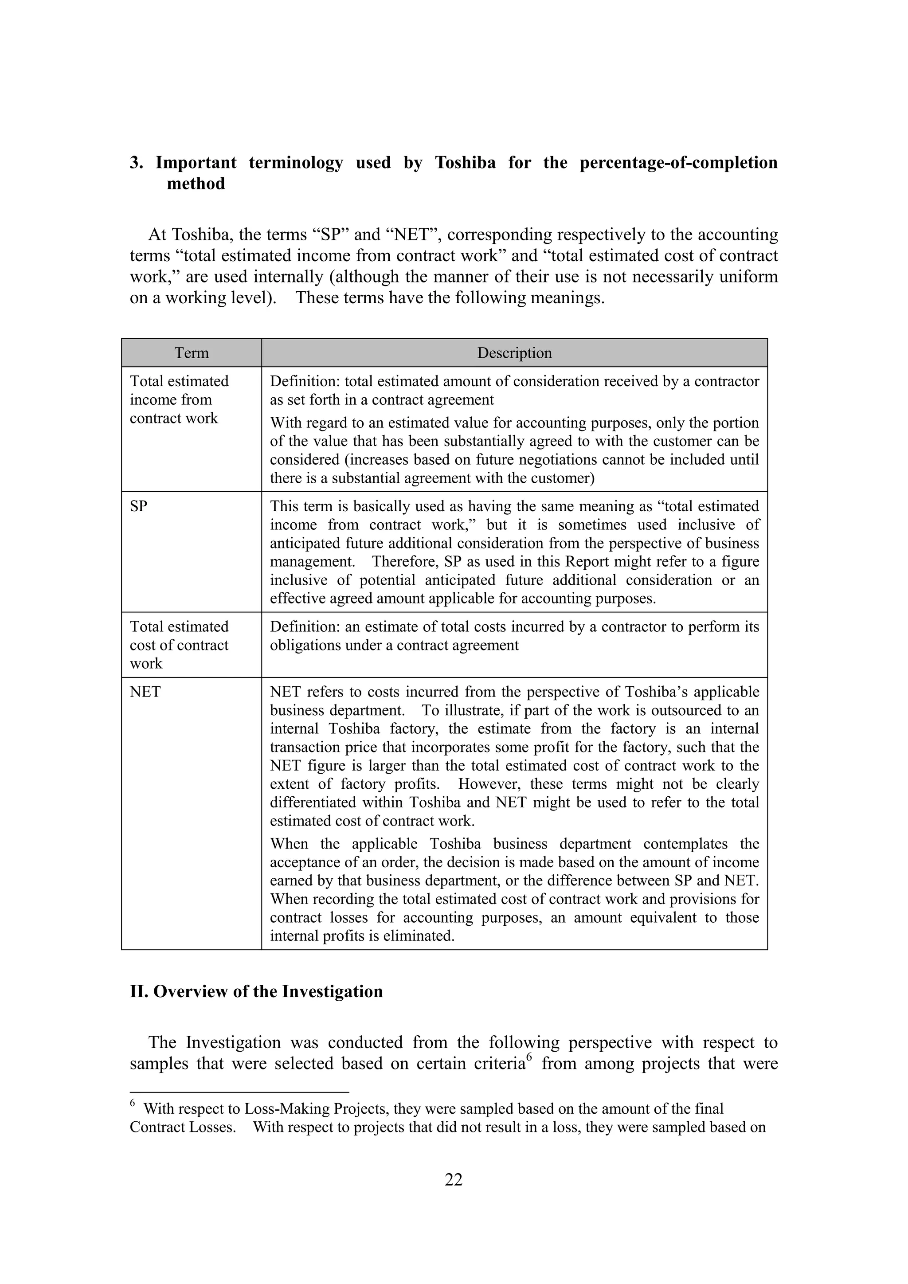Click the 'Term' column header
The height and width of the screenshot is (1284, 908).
[191, 353]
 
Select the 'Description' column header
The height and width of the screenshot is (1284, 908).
[514, 353]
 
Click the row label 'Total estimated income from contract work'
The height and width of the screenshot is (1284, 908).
[179, 399]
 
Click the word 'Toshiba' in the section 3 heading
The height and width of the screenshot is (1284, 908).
[465, 163]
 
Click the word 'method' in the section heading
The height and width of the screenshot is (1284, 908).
[196, 184]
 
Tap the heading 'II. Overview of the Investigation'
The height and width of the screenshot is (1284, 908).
[256, 991]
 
